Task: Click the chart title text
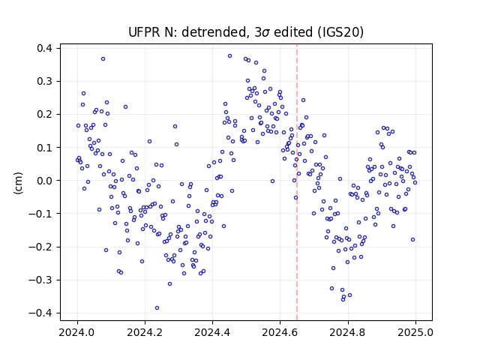click(246, 32)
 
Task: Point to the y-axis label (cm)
click(18, 183)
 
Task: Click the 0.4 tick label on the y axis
click(44, 48)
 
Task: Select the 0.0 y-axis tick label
click(44, 181)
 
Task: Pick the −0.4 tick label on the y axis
click(40, 313)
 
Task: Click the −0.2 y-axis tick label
click(40, 247)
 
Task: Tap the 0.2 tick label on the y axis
click(44, 115)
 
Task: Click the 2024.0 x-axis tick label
click(77, 332)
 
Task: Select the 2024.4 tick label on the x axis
click(212, 332)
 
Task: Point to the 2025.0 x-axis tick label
click(415, 332)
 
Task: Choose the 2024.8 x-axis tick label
click(348, 332)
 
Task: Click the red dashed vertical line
click(297, 182)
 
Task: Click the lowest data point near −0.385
click(157, 308)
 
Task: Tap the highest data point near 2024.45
click(230, 56)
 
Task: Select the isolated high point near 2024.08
click(103, 59)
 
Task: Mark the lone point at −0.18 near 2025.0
click(412, 240)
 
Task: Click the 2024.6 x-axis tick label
click(280, 332)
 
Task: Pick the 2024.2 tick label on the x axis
click(145, 332)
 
